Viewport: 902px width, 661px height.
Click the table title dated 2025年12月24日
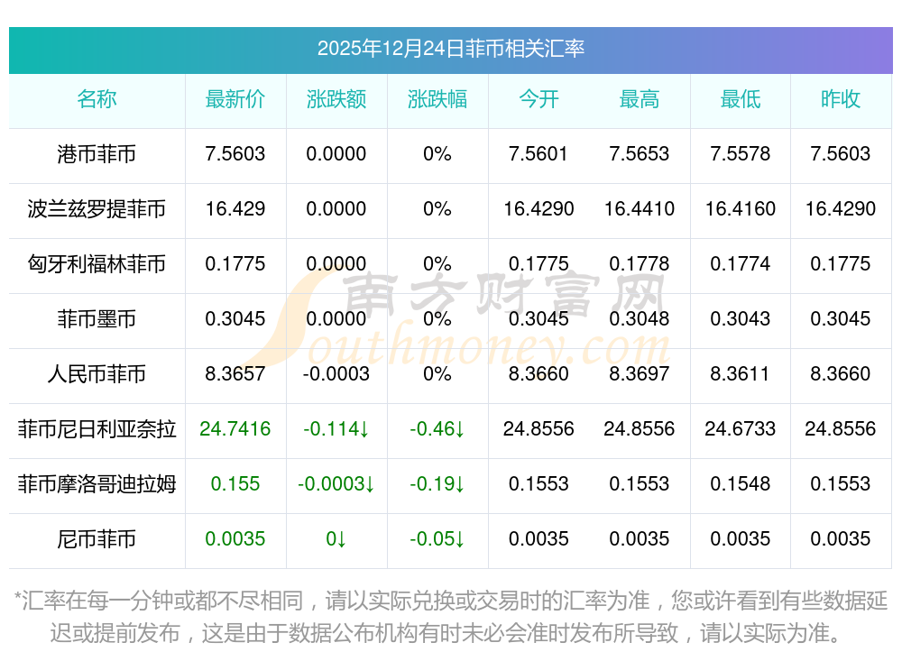point(450,48)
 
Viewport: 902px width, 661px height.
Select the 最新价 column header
point(235,99)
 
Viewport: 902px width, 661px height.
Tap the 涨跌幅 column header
point(437,99)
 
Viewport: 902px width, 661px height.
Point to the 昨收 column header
point(841,99)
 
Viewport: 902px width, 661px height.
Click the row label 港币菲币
point(97,154)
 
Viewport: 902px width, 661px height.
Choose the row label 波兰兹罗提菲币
point(97,209)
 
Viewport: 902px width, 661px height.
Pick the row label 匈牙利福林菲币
point(97,264)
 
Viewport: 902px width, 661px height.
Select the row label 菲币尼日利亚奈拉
point(97,429)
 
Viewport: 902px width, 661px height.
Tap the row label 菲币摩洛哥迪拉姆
point(97,484)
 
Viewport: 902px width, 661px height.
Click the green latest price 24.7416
point(235,429)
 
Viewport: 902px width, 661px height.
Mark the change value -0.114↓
point(336,429)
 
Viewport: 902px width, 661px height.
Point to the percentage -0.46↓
point(437,429)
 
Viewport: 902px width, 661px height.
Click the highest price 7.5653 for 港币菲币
point(640,154)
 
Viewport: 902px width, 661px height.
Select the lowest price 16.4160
point(741,209)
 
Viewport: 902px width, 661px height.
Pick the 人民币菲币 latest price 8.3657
point(235,374)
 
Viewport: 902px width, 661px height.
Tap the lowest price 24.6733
point(741,429)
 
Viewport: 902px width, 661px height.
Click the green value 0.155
point(235,484)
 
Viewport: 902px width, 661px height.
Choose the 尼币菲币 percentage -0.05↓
point(437,539)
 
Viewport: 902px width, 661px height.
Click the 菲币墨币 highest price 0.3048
point(640,319)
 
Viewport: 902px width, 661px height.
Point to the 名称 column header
point(97,99)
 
